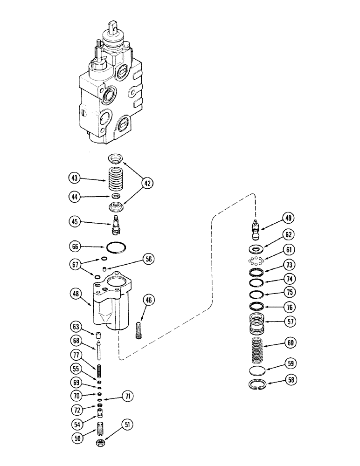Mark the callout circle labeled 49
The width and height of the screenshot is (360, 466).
[x=288, y=218]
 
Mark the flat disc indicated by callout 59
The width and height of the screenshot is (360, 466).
[x=255, y=371]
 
